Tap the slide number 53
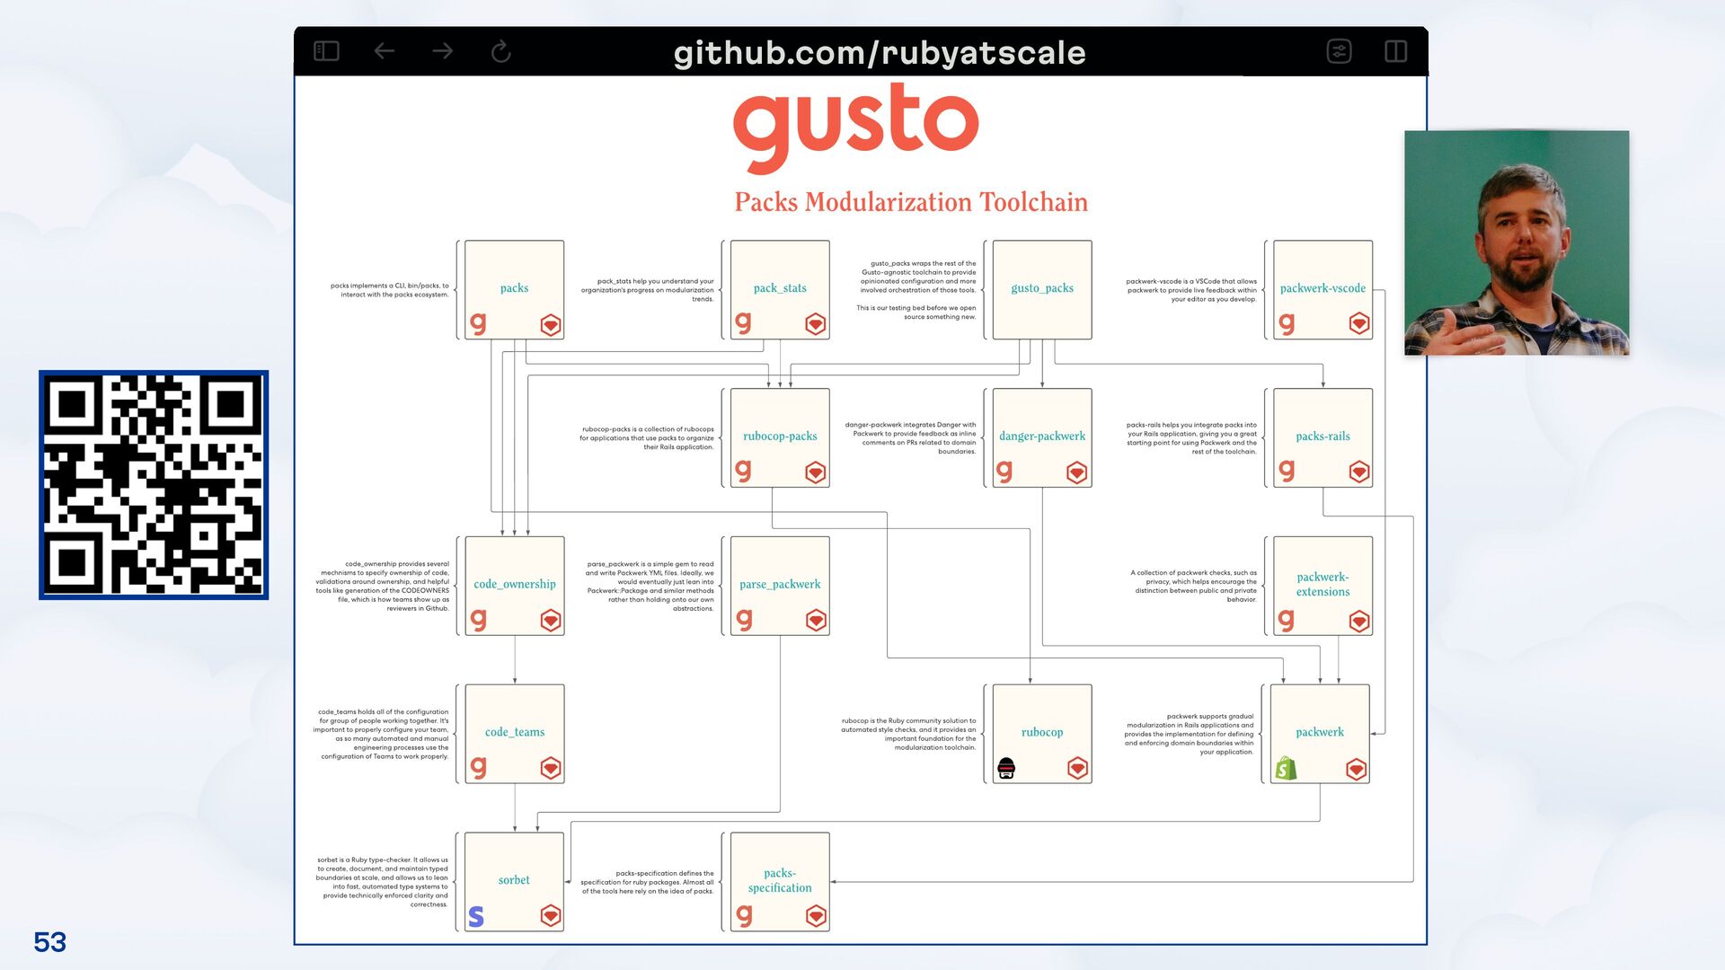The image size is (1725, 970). coord(50,942)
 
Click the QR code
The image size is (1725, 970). coord(154,485)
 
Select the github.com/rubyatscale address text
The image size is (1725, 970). coord(879,53)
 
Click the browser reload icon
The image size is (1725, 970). coord(501,52)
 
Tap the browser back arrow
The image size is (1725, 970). coord(385,52)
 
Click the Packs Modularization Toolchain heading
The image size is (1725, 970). coord(910,202)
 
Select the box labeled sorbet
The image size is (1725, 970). coord(514,880)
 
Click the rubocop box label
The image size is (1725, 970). coord(1041,732)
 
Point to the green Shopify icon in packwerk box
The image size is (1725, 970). coord(1287,768)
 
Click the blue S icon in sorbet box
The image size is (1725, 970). coord(476,916)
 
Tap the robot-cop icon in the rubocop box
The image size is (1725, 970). coord(1006,768)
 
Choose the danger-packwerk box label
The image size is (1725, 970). coord(1041,436)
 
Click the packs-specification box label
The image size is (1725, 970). coord(779,880)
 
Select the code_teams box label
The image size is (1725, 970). coord(514,732)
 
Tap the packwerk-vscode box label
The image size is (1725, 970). coord(1322,288)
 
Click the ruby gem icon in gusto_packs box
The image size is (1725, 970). coord(1078,324)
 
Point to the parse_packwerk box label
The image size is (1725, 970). coord(779,585)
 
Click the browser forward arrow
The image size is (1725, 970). coord(442,52)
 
